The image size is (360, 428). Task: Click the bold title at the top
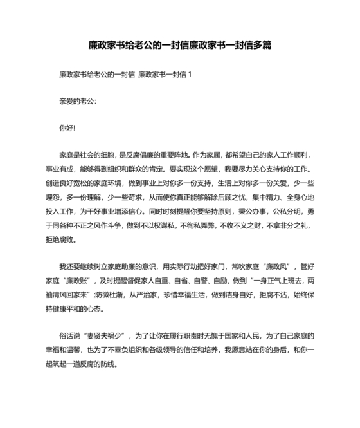coord(179,46)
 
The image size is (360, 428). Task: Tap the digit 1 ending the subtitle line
coord(190,75)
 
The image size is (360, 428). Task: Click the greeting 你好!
coord(67,128)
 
